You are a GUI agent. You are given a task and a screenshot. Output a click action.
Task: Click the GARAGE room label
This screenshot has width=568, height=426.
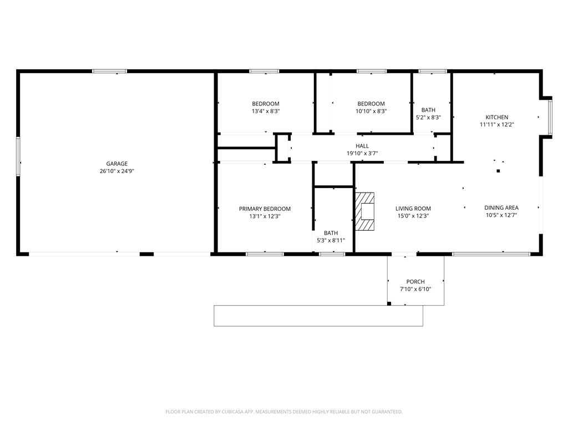(x=117, y=164)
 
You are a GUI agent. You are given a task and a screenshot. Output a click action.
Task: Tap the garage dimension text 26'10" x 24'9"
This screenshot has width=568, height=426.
(x=117, y=171)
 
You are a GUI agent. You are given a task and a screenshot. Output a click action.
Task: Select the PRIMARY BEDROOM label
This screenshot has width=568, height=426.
(x=265, y=209)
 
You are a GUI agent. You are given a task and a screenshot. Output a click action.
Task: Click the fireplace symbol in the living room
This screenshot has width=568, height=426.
(x=365, y=211)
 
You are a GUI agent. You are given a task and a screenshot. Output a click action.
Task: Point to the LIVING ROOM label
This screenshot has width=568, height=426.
(x=413, y=209)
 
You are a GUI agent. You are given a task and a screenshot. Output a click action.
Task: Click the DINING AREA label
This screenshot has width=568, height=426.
(x=501, y=208)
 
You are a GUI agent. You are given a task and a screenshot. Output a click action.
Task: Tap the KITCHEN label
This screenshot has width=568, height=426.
(x=496, y=118)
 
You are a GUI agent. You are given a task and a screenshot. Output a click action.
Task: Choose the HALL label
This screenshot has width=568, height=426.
(x=362, y=146)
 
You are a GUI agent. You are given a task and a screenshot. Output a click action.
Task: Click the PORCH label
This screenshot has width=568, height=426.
(x=415, y=282)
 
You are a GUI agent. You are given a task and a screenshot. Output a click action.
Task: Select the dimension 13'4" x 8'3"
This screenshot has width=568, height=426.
(x=266, y=111)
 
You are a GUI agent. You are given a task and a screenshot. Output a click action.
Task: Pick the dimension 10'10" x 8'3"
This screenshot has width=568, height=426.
(x=371, y=111)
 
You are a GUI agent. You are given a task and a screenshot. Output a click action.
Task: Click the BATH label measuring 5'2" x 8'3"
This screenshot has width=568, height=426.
(x=428, y=110)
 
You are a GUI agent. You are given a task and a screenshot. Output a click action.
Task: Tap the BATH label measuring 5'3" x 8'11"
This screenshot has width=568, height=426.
(x=331, y=233)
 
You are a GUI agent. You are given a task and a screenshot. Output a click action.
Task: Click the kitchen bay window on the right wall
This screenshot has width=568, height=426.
(x=550, y=117)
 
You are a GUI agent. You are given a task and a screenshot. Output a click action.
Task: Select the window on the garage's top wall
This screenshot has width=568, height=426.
(x=109, y=71)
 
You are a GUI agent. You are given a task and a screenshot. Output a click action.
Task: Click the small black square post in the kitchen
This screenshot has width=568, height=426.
(x=498, y=171)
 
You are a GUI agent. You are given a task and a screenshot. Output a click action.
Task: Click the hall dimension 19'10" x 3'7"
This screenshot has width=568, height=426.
(x=362, y=154)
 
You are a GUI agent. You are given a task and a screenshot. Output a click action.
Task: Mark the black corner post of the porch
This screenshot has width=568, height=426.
(x=389, y=303)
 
